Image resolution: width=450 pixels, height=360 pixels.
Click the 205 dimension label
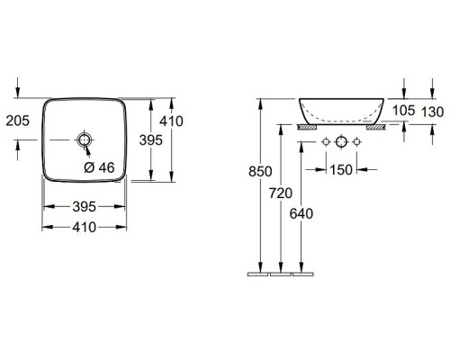(18, 121)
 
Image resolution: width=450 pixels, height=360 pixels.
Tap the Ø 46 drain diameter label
(99, 167)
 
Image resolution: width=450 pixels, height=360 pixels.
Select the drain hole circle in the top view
(85, 139)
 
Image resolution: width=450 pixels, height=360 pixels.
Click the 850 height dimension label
(260, 172)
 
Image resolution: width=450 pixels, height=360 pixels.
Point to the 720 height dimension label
(281, 193)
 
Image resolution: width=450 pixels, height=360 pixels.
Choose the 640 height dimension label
(301, 213)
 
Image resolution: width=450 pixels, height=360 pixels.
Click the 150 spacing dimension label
(341, 170)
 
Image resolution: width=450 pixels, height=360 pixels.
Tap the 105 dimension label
(404, 111)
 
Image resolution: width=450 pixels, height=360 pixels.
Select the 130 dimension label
(432, 112)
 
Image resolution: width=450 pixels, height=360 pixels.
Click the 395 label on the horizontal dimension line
(85, 207)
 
